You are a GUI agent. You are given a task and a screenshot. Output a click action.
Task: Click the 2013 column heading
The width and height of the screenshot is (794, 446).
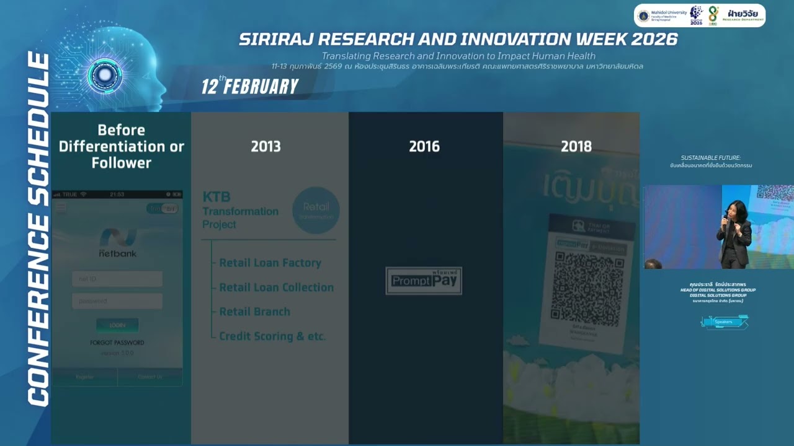[265, 147]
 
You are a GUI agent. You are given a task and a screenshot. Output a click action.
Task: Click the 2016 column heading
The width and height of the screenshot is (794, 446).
[424, 147]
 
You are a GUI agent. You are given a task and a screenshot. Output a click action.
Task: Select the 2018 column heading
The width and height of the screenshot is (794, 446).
[576, 147]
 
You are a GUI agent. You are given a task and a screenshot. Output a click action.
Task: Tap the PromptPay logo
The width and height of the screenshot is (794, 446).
[424, 281]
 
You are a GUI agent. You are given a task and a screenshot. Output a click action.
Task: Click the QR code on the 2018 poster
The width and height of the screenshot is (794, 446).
[587, 288]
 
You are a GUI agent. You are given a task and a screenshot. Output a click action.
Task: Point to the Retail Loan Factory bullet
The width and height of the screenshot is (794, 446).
[270, 263]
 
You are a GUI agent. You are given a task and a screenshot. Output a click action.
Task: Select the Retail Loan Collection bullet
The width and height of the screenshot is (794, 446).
[276, 287]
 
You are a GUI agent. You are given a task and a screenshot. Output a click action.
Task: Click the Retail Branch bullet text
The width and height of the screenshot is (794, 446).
[254, 312]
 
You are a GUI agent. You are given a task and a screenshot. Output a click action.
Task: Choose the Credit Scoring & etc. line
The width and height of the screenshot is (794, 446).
[272, 336]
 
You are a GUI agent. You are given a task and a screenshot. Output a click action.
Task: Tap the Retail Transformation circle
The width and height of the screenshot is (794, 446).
[316, 211]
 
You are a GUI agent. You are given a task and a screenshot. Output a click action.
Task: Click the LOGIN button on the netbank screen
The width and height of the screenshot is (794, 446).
[117, 325]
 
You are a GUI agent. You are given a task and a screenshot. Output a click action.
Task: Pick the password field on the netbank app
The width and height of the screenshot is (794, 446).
[117, 301]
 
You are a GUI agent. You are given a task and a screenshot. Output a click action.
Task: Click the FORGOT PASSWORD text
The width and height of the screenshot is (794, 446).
[117, 343]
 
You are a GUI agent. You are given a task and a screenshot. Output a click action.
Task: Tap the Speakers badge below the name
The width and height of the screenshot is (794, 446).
[724, 322]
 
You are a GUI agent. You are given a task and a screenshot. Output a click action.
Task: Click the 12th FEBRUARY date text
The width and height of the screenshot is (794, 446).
[250, 86]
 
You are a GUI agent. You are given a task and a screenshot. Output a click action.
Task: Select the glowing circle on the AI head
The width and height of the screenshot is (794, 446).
[104, 75]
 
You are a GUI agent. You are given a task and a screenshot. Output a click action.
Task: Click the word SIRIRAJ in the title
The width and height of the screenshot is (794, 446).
[279, 40]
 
